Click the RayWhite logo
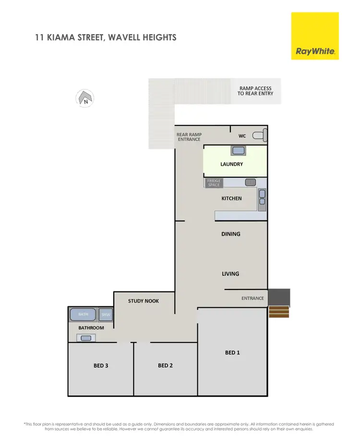click(x=315, y=36)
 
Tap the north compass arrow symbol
click(x=85, y=98)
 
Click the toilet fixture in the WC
click(x=260, y=136)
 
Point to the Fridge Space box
click(x=214, y=182)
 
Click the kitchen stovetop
click(x=251, y=182)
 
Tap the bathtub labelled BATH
click(x=84, y=315)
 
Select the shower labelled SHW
click(x=106, y=315)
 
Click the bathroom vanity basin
click(x=85, y=338)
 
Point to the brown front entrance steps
click(x=279, y=313)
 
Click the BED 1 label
click(x=232, y=352)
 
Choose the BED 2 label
click(x=165, y=365)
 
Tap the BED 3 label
click(x=101, y=365)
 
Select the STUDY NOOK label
click(x=144, y=301)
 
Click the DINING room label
click(x=231, y=234)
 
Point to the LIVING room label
click(x=230, y=274)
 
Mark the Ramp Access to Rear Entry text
click(x=255, y=91)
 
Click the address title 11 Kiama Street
click(x=106, y=37)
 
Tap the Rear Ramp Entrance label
click(x=189, y=137)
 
